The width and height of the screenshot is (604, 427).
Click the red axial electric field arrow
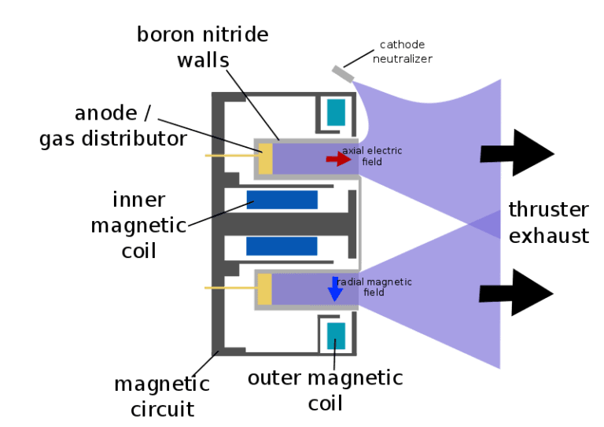[338, 159]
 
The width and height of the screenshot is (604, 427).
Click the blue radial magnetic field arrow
[335, 289]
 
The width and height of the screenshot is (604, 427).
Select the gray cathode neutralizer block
[342, 72]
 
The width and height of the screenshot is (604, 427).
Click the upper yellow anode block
[265, 158]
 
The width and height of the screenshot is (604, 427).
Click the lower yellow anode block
[265, 289]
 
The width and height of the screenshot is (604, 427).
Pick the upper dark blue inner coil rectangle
[282, 200]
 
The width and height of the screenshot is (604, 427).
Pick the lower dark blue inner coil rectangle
[282, 246]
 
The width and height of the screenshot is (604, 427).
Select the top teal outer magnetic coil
[336, 112]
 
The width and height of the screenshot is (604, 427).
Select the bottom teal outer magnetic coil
[336, 337]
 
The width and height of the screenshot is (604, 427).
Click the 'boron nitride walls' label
[202, 46]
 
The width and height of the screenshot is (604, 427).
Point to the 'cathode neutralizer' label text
[406, 51]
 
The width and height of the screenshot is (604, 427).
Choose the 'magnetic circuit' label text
[161, 396]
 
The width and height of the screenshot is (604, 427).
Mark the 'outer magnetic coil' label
[325, 390]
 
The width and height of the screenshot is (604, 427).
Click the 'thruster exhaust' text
[548, 223]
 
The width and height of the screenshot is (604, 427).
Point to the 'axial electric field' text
[370, 156]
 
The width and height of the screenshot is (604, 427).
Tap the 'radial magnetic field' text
[374, 287]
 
